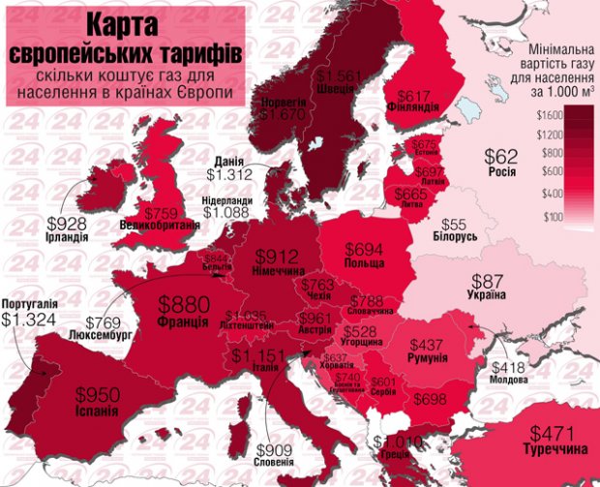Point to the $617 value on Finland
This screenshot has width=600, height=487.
pos(413,95)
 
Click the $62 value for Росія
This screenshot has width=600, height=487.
pos(501,157)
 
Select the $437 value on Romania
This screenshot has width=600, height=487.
pos(428,345)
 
